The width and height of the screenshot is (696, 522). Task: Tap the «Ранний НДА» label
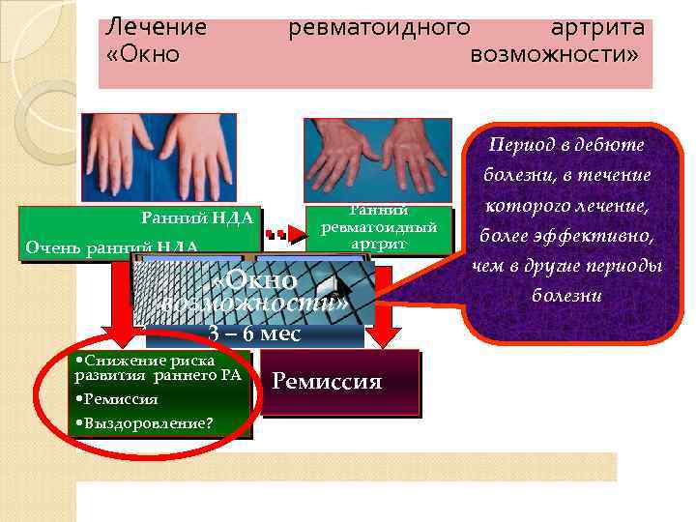pyautogui.click(x=197, y=218)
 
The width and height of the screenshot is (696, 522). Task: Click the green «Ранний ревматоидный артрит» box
pyautogui.click(x=379, y=229)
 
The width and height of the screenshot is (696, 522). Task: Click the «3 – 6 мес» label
pyautogui.click(x=254, y=334)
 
